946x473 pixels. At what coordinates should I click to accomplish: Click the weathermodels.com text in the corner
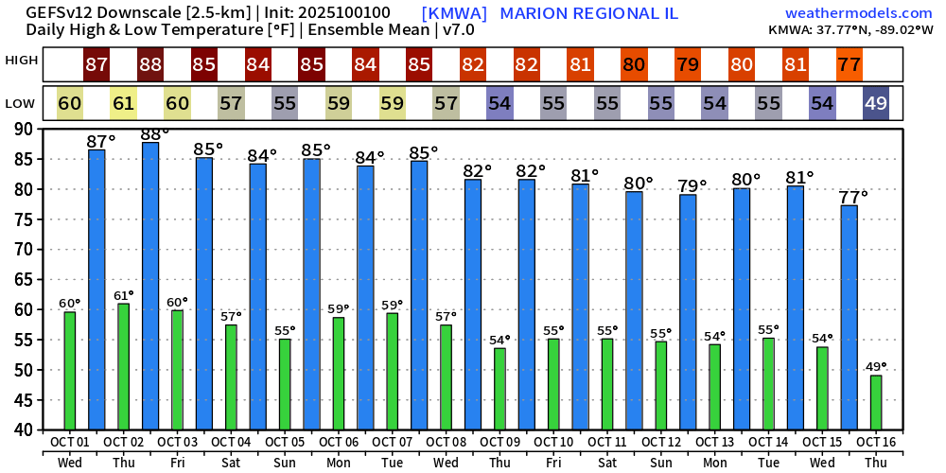pos(858,13)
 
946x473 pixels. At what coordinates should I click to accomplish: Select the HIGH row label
pos(22,61)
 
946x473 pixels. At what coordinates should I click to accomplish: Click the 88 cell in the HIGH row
pos(150,65)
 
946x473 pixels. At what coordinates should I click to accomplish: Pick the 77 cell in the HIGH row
pos(850,65)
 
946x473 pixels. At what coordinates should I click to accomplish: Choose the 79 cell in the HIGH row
pos(688,65)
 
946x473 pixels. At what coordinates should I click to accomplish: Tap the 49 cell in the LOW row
pos(876,103)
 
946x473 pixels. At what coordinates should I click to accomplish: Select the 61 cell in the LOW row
pos(123,103)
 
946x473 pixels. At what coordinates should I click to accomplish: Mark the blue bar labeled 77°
pos(850,317)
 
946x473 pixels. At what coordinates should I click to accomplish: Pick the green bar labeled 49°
pos(876,402)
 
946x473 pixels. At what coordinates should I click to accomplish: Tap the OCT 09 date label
pos(499,442)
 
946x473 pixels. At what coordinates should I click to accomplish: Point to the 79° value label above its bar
pos(693,186)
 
